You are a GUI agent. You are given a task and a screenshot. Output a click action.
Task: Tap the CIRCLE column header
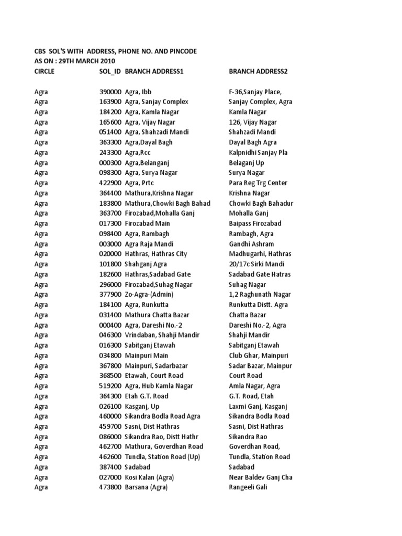(44, 71)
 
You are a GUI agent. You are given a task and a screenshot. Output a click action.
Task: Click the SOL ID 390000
(110, 92)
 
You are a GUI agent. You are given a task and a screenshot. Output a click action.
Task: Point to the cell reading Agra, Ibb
(138, 92)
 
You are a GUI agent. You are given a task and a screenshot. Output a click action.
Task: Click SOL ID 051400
(110, 132)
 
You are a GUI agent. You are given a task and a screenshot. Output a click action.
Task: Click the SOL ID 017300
(110, 224)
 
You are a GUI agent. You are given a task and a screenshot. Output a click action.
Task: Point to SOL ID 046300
(110, 335)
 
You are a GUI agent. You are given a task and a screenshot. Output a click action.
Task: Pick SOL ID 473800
(110, 487)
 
